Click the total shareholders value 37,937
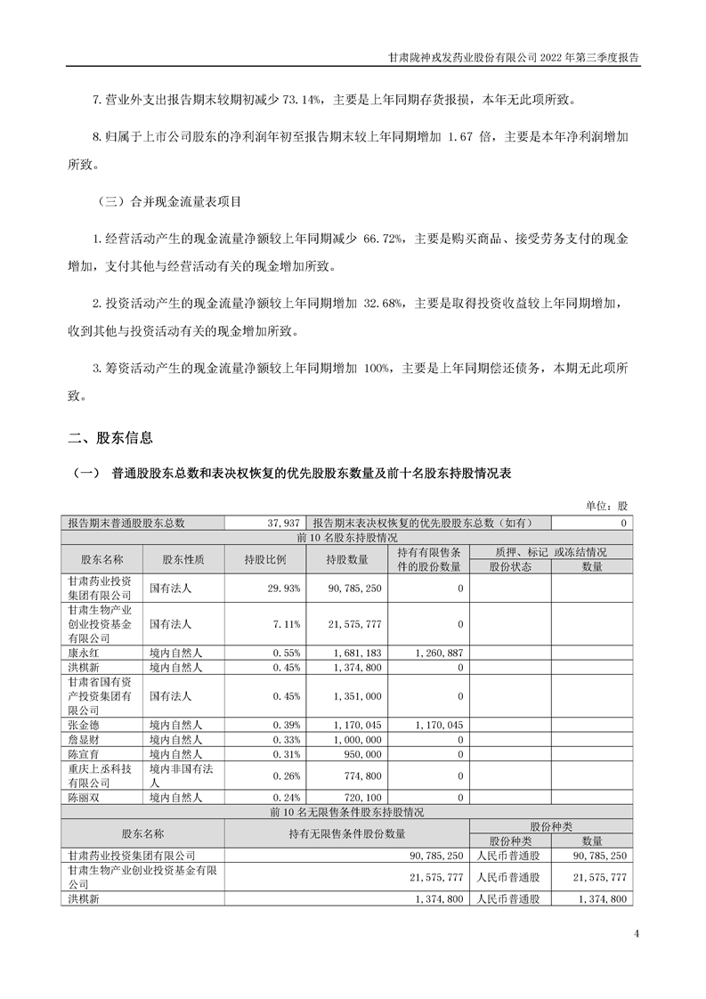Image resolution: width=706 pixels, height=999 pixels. tap(282, 524)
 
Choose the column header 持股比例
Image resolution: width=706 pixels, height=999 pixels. tap(264, 559)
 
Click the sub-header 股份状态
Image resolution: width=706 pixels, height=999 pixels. tap(510, 566)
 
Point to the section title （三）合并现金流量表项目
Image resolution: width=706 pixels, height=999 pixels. tap(167, 202)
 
